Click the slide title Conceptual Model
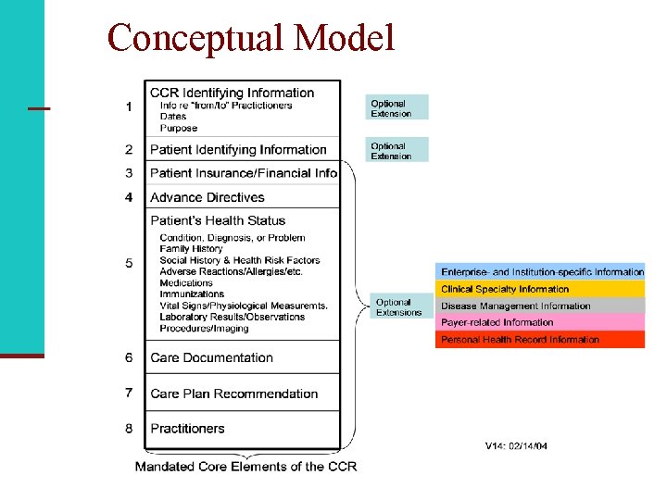251,39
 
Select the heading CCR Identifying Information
232,93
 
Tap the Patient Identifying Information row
238,150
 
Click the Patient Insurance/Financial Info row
244,173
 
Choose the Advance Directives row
208,197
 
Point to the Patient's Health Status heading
218,220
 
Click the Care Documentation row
211,357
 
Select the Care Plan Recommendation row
233,394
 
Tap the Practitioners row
187,429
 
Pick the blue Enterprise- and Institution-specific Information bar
540,272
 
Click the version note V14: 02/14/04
516,446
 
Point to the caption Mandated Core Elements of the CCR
245,467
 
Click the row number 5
129,263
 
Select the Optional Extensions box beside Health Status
399,307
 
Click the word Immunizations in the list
193,294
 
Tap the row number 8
129,429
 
